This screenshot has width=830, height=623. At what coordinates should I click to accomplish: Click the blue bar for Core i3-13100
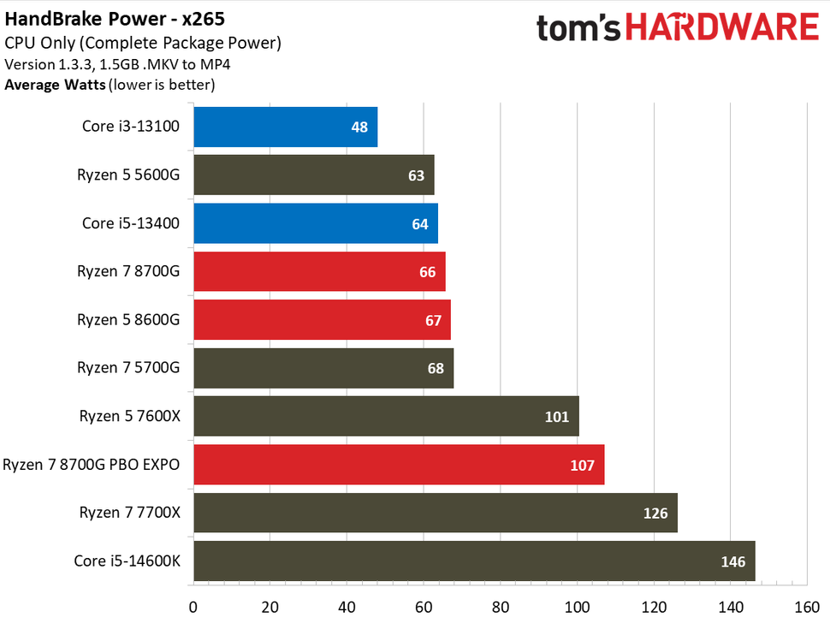click(x=285, y=127)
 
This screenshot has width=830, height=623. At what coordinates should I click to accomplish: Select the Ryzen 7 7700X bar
click(x=435, y=513)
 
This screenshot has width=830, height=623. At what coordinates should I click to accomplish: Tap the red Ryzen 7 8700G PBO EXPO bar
click(x=399, y=465)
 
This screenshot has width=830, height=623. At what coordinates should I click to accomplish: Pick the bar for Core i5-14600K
click(x=474, y=561)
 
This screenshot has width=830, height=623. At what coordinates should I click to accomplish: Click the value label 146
click(x=733, y=562)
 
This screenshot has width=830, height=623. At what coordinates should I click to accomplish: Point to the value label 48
click(x=359, y=128)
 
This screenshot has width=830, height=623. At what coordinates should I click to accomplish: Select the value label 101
click(x=556, y=417)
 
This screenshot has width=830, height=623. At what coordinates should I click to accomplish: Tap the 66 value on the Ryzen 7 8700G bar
click(x=428, y=272)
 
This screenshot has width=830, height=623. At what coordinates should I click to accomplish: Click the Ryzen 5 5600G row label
click(x=128, y=175)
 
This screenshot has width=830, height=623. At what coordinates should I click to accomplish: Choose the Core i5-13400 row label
click(x=131, y=223)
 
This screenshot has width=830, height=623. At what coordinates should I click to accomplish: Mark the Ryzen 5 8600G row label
click(x=128, y=320)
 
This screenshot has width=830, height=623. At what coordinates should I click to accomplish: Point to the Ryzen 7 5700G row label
click(x=128, y=368)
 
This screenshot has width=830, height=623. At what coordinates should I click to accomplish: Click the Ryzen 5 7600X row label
click(x=129, y=417)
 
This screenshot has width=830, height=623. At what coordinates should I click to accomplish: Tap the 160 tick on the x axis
click(x=806, y=608)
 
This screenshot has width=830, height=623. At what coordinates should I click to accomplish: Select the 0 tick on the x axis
click(x=193, y=608)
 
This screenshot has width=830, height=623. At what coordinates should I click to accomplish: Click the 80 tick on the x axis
click(x=500, y=608)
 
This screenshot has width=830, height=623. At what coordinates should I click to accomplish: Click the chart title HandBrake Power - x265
click(x=116, y=18)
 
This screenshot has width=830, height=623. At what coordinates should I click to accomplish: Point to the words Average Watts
click(x=55, y=85)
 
